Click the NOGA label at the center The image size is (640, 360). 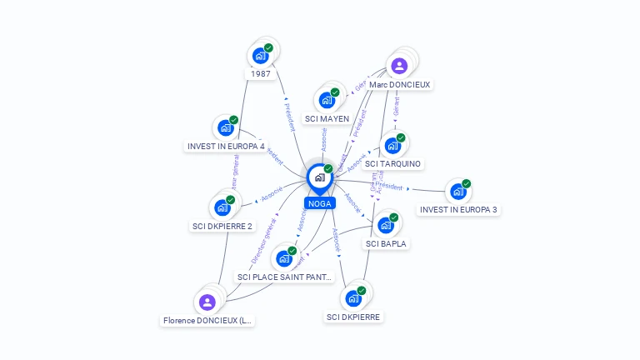click(319, 203)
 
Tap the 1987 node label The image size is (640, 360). click(261, 74)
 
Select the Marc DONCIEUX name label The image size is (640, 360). click(400, 84)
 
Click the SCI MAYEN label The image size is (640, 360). click(327, 118)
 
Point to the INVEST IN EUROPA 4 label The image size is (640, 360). click(226, 147)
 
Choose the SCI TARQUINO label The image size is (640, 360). click(392, 163)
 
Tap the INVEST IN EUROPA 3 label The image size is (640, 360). click(459, 210)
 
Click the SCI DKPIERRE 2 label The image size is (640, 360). click(222, 226)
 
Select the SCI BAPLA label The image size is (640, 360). click(386, 243)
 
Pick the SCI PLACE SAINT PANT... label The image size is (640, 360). click(285, 277)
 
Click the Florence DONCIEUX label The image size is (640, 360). click(207, 320)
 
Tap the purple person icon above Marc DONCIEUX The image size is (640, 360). click(399, 65)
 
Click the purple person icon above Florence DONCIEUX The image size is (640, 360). click(207, 301)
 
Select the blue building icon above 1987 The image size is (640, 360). click(260, 56)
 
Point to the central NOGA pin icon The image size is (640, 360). click(319, 177)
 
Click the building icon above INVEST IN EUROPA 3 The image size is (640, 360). click(457, 192)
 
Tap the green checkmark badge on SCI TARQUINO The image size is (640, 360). click(401, 137)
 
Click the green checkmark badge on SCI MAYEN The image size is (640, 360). click(335, 92)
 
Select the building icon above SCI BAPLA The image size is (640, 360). click(385, 225)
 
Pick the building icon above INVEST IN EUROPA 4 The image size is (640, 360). click(225, 128)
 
